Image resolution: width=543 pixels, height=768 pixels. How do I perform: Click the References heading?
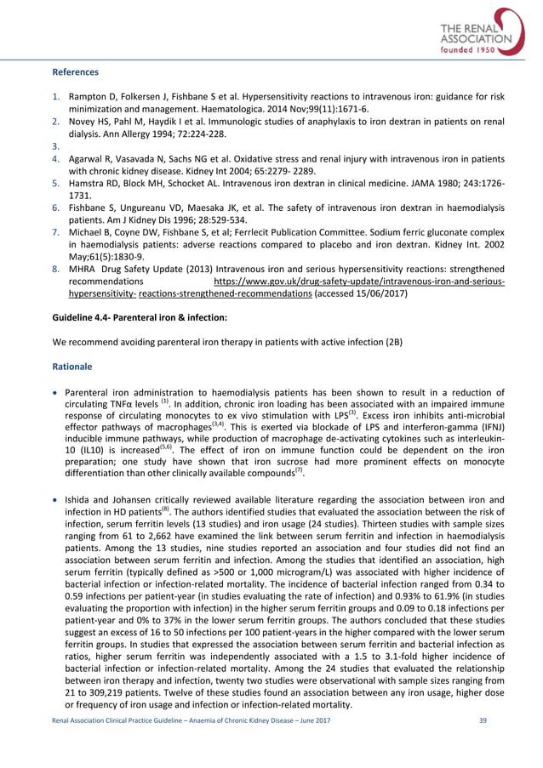coord(76,72)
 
